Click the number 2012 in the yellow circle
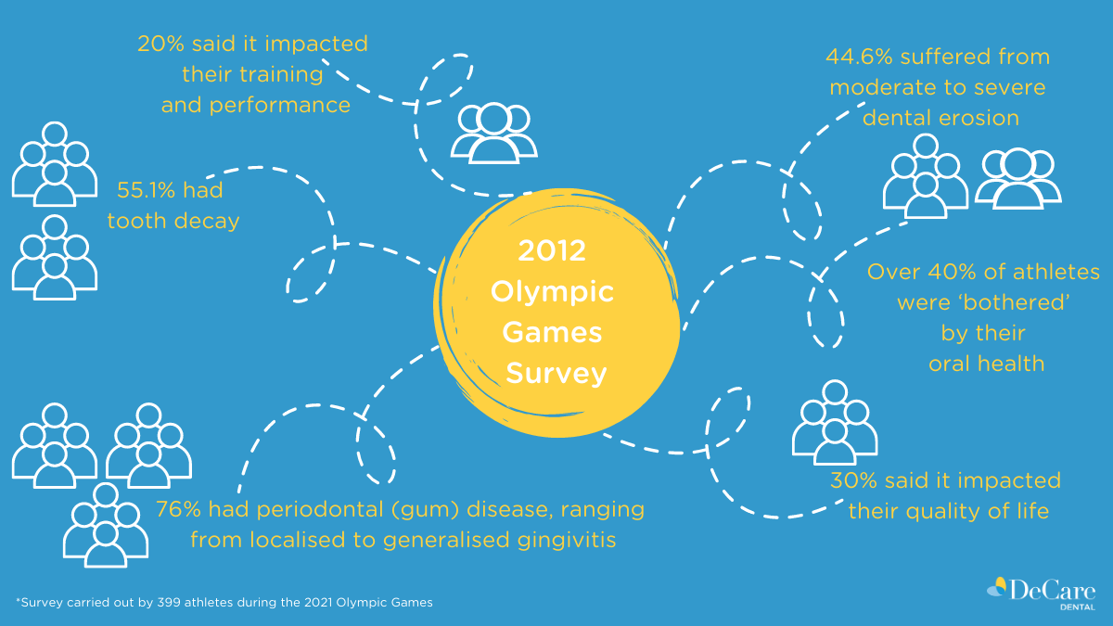[552, 251]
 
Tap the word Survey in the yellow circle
[556, 374]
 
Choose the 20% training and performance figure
[161, 44]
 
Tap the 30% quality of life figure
[853, 480]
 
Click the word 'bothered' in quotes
[1017, 302]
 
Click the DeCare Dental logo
[1042, 593]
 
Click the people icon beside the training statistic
[493, 133]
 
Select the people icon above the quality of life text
[835, 422]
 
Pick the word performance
[280, 106]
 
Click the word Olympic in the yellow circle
[552, 292]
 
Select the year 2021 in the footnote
[317, 602]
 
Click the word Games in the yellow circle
[552, 332]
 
